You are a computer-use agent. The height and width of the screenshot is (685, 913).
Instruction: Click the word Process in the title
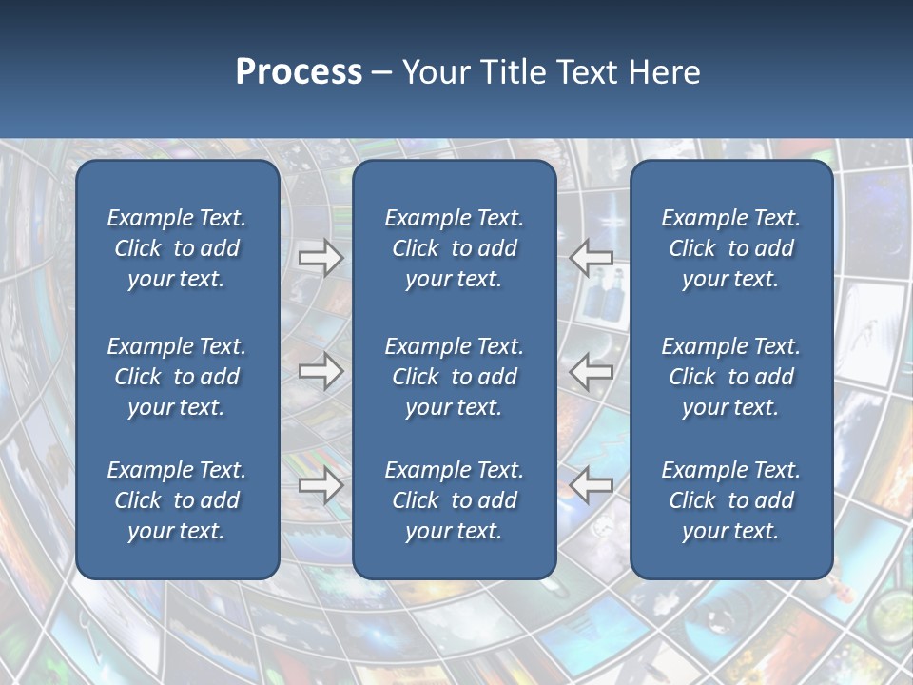[299, 72]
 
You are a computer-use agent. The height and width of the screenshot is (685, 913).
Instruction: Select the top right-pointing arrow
[321, 257]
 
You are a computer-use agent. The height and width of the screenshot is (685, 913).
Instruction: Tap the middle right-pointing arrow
[321, 371]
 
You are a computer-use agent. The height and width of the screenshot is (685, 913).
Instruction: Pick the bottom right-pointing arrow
[321, 485]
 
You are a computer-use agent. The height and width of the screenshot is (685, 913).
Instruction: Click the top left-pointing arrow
[591, 257]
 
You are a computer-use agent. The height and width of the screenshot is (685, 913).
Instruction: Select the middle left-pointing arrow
[591, 371]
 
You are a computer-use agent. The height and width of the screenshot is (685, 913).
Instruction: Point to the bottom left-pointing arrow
[591, 485]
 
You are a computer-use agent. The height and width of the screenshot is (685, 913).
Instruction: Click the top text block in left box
[177, 248]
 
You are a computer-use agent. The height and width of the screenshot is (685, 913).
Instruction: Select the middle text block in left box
[177, 377]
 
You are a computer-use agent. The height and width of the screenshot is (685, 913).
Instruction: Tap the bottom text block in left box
[177, 500]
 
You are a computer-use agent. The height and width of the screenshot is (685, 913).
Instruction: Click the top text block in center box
[454, 248]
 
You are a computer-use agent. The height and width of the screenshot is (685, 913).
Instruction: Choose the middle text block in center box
[454, 377]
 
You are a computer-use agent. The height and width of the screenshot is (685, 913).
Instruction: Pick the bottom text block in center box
[454, 500]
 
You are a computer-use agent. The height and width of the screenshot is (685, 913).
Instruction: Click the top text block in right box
[731, 248]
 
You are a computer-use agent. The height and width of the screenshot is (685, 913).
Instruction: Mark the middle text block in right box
[731, 377]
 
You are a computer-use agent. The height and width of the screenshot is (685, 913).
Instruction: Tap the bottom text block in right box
[731, 500]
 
